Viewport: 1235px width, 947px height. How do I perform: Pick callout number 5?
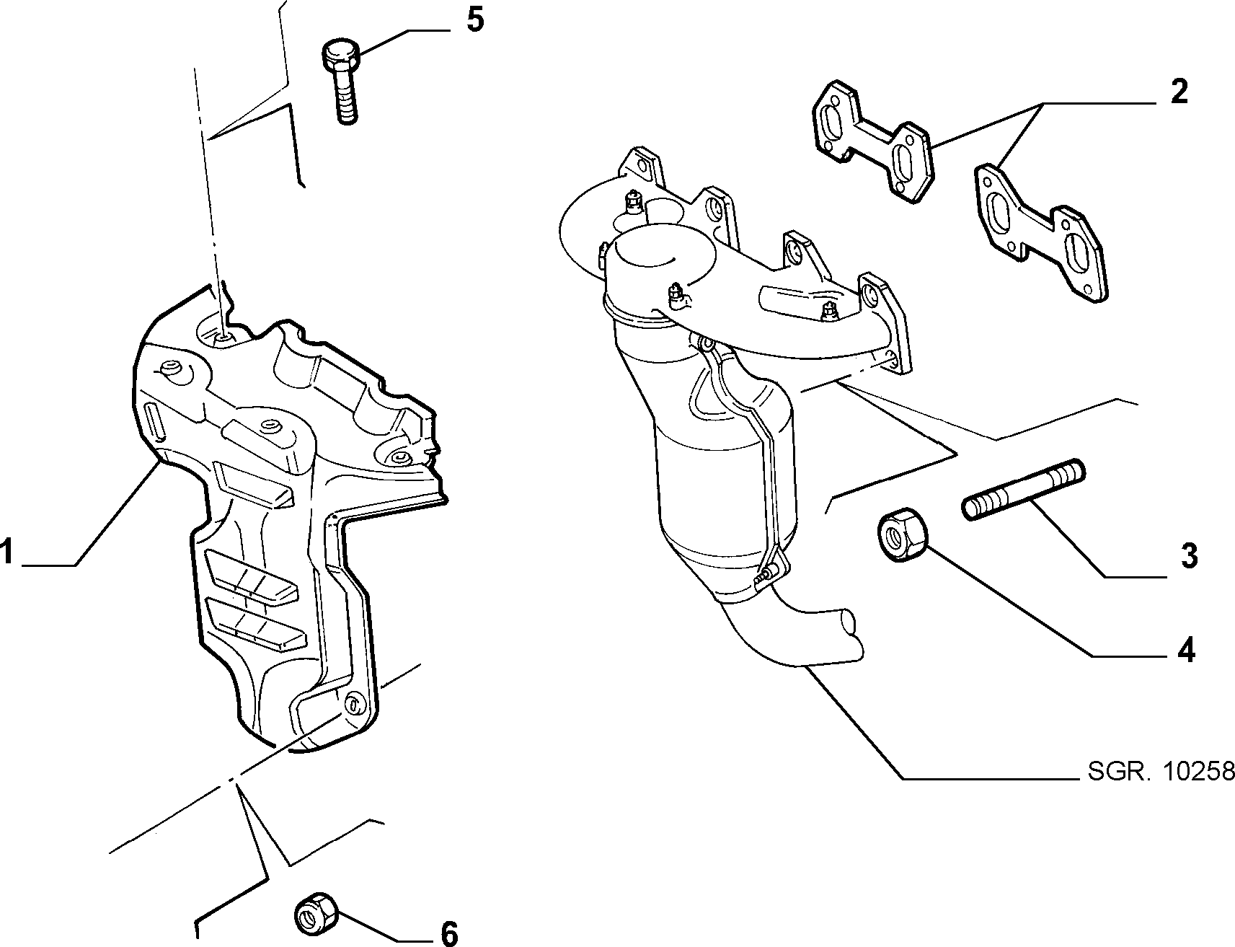tap(475, 19)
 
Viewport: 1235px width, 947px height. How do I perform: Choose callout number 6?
tap(448, 933)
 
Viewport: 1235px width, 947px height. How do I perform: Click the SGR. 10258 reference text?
tap(1161, 772)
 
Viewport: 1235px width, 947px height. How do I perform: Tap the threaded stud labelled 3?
tap(1023, 488)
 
